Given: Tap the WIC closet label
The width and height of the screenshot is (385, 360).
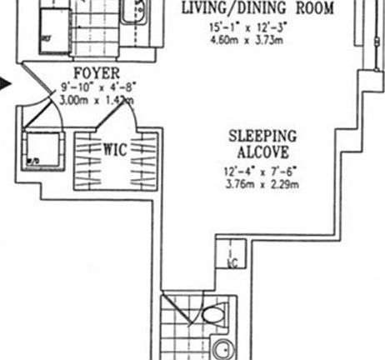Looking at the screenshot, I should [x=114, y=150].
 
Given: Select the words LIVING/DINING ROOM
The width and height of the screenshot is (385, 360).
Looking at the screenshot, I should [x=257, y=9].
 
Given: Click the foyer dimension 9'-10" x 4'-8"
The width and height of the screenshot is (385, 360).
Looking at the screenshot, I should [x=90, y=87].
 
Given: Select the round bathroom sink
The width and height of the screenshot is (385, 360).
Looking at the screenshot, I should [x=223, y=348].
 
